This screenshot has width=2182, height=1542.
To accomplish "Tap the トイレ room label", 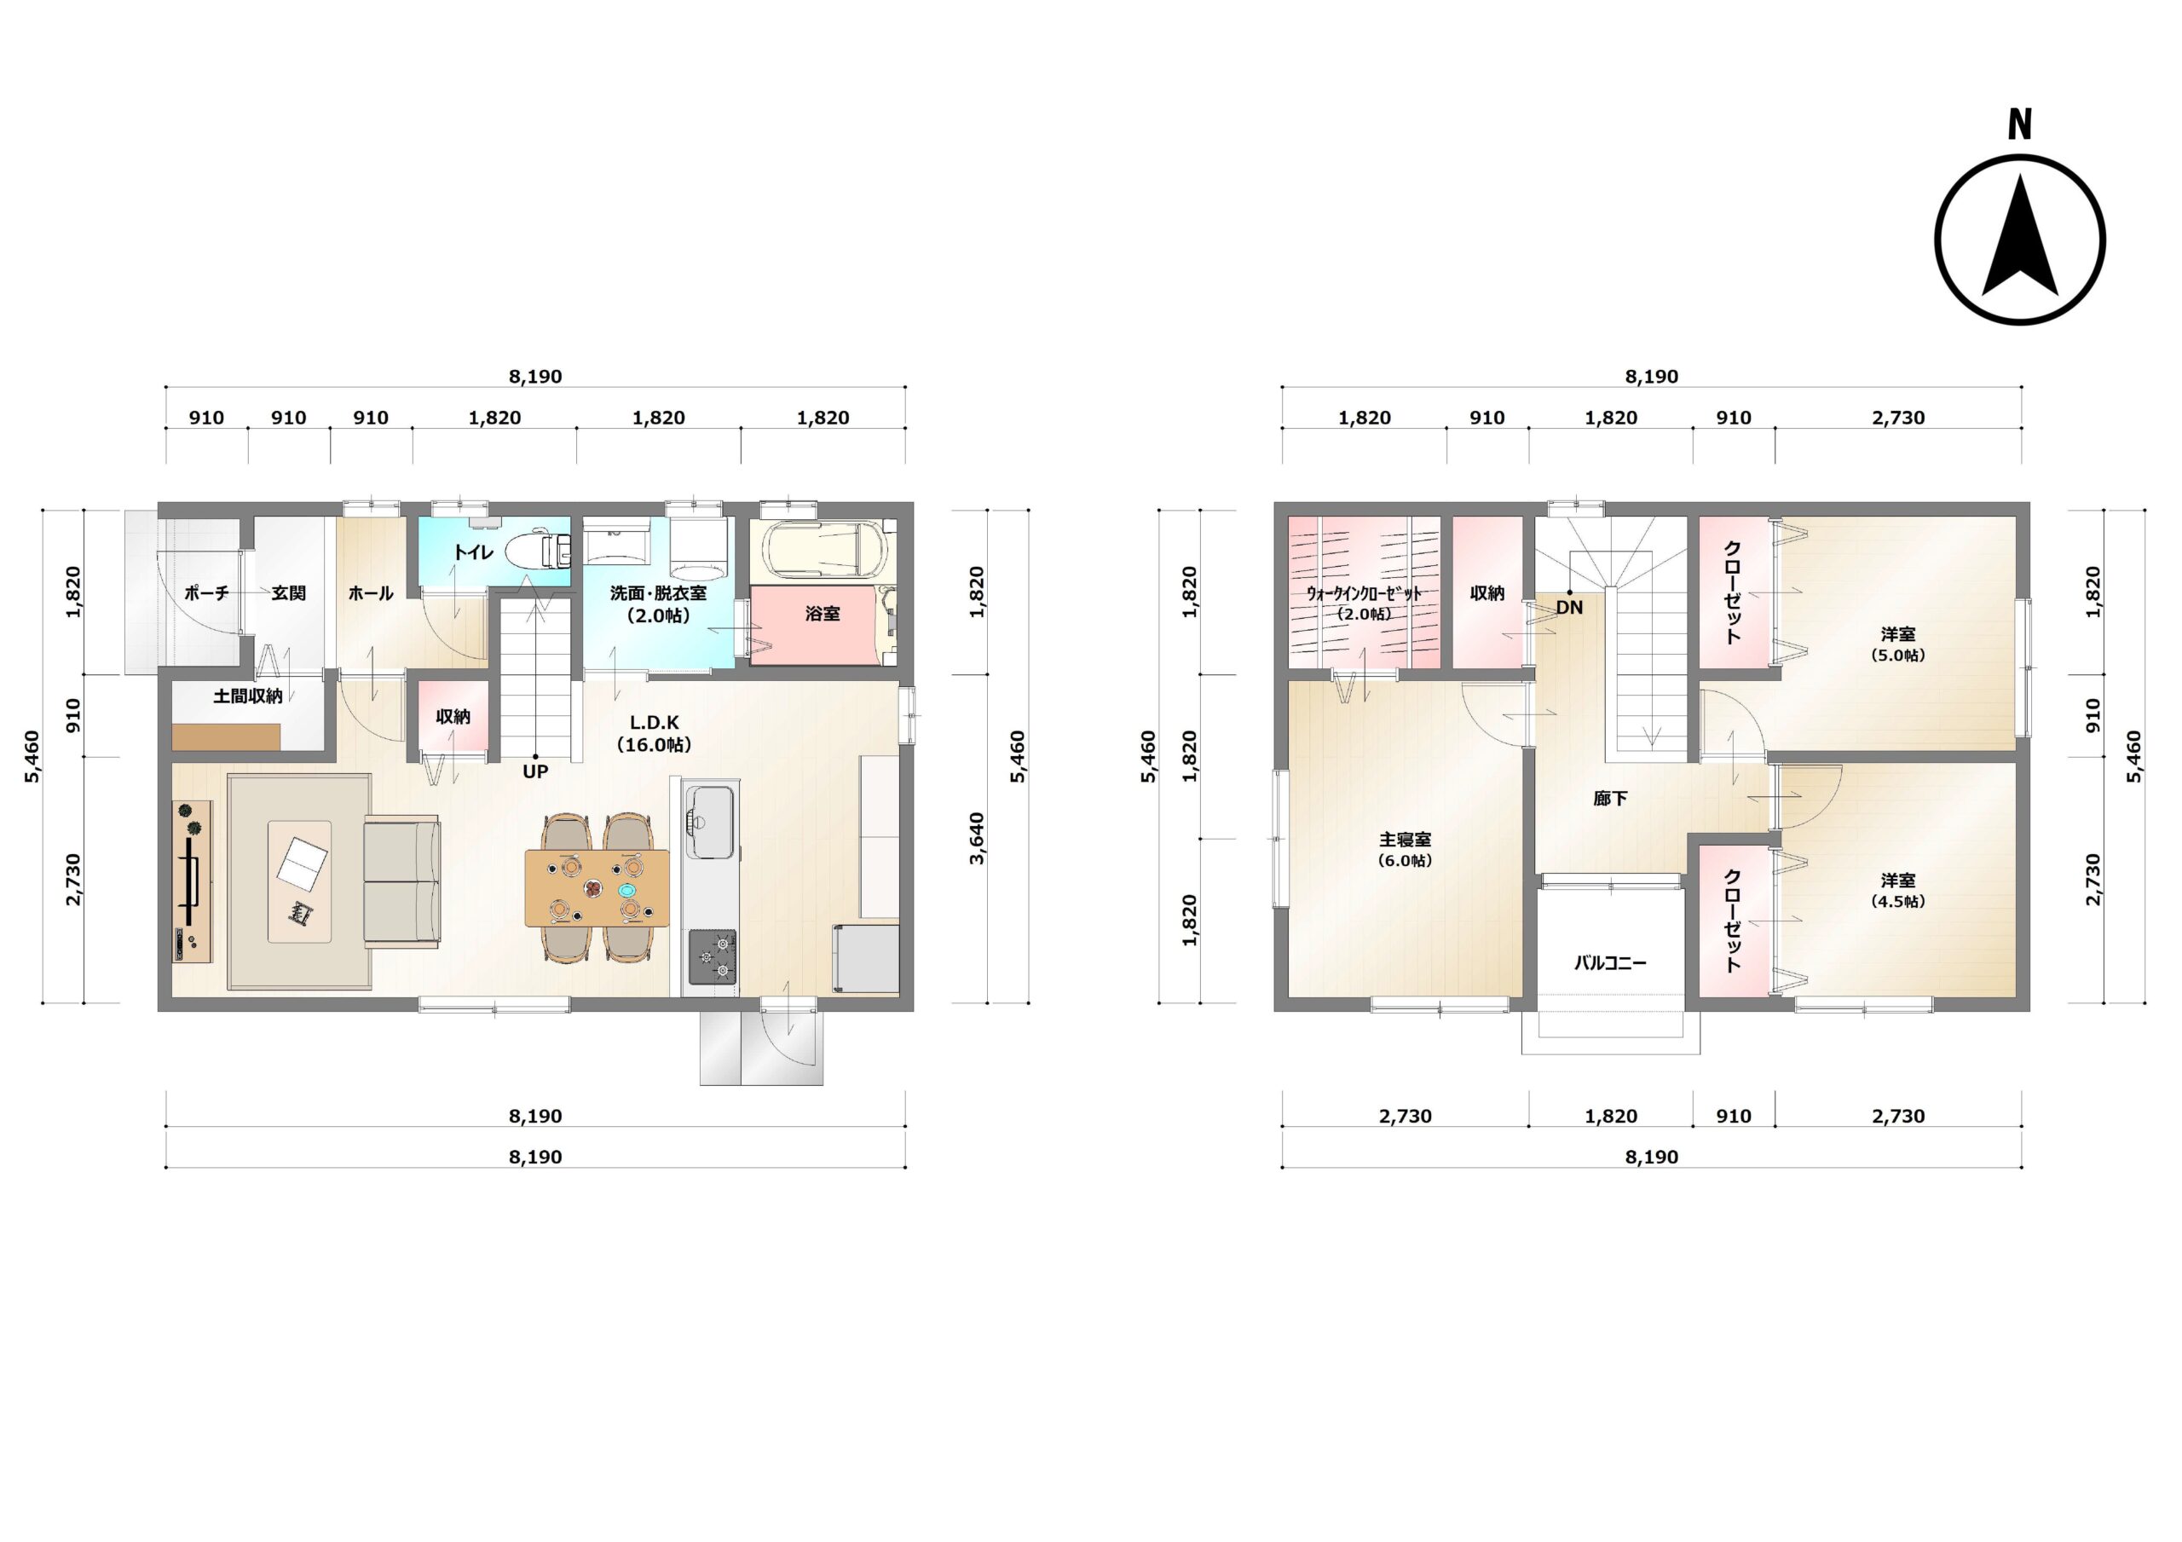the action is [x=472, y=552].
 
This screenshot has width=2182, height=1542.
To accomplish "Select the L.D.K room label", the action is [x=654, y=723].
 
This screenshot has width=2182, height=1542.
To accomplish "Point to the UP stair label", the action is [x=535, y=772].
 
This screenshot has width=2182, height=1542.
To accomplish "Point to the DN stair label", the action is [x=1569, y=607].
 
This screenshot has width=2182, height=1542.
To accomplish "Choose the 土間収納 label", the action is [x=248, y=696].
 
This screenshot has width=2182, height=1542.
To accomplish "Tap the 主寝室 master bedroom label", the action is [x=1405, y=840].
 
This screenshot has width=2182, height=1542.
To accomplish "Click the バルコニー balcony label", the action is [x=1610, y=963].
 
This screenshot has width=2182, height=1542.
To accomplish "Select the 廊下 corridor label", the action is [x=1610, y=799].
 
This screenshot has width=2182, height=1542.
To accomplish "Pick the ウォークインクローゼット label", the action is [x=1364, y=593].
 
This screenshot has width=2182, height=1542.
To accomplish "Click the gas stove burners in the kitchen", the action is [x=712, y=956].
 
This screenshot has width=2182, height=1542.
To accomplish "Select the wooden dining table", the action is [x=597, y=888].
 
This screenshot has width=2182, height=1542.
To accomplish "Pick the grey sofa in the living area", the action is [x=402, y=881].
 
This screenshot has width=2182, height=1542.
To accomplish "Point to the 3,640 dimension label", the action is [x=977, y=839].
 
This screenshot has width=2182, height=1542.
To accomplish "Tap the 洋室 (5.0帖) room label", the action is [x=1898, y=644].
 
